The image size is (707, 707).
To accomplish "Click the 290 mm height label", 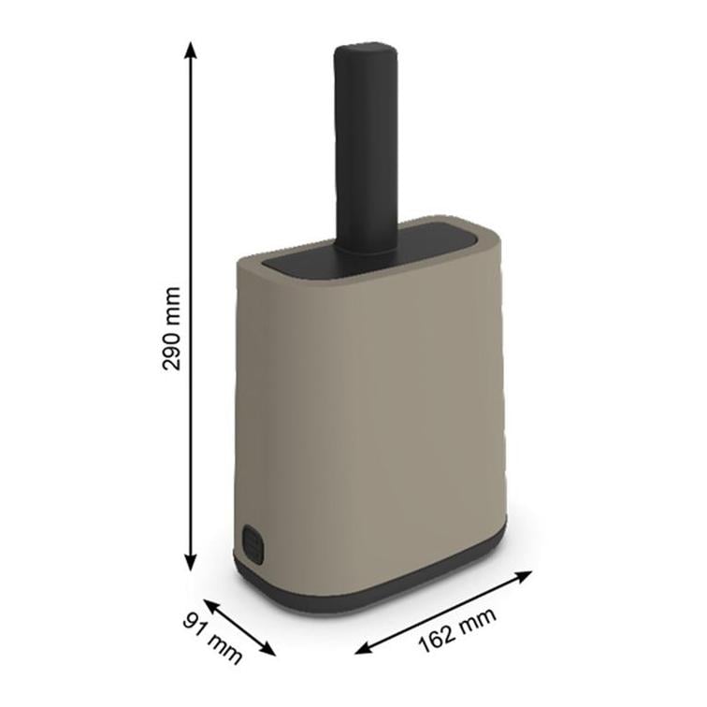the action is (x=171, y=328).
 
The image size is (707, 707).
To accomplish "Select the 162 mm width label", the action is (x=457, y=630).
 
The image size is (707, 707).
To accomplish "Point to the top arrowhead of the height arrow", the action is (x=191, y=50).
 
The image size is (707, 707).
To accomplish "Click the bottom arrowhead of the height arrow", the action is (x=191, y=562).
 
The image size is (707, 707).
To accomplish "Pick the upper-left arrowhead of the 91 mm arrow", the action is (x=210, y=604).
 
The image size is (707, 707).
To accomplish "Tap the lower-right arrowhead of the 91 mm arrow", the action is (x=268, y=650).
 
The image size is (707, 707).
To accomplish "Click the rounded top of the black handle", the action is (x=366, y=50).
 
